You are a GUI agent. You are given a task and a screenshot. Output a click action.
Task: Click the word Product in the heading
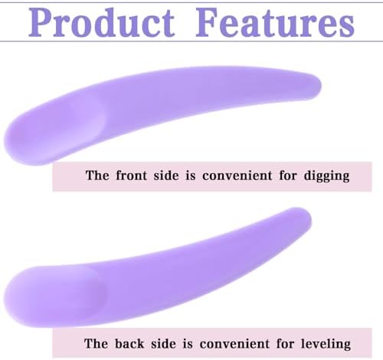(x=102, y=22)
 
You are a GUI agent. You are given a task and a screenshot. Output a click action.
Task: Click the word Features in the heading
(x=275, y=22)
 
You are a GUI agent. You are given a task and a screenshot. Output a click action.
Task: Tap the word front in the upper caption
(x=132, y=175)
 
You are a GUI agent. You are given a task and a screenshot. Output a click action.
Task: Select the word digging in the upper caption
(x=326, y=176)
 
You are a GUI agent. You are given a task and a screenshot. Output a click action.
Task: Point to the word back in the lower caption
(x=129, y=343)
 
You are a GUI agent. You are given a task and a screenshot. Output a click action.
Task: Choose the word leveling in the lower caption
(x=326, y=344)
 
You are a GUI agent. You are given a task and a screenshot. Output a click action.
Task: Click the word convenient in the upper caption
(x=237, y=175)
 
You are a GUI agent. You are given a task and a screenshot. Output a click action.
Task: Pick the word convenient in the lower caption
(x=234, y=343)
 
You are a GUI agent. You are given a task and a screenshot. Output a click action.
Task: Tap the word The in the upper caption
(x=97, y=175)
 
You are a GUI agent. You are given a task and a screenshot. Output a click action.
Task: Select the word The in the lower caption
(x=96, y=343)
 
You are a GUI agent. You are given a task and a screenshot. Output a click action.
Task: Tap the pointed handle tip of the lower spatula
(x=309, y=216)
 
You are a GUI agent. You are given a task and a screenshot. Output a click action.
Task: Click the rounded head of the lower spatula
(x=51, y=296)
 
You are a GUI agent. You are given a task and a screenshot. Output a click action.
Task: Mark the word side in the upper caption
(x=166, y=175)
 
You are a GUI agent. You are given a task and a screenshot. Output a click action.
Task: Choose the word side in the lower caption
(x=163, y=343)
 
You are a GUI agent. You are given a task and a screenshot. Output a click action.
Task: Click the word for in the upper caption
(x=288, y=175)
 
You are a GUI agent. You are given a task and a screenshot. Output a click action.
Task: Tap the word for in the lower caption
(x=285, y=343)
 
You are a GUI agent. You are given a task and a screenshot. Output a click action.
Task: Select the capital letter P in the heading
(x=41, y=22)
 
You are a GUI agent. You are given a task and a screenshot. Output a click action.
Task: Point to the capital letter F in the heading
(x=208, y=22)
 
